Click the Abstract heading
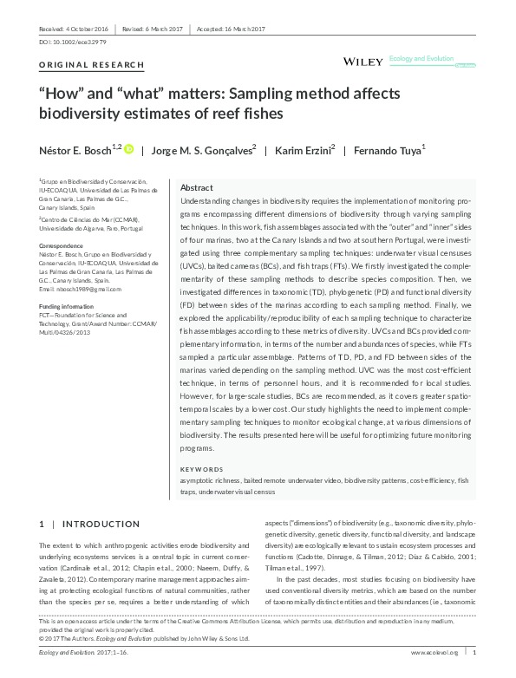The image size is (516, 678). [198, 188]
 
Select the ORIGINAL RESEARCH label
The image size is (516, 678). [82, 66]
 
